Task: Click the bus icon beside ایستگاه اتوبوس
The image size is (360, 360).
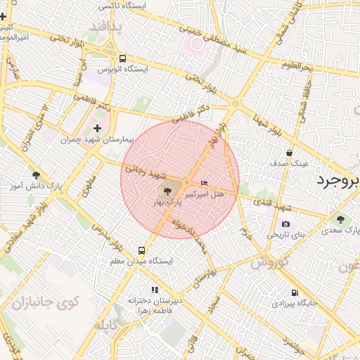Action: [123, 59]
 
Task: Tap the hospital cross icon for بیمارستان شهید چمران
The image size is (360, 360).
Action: [97, 129]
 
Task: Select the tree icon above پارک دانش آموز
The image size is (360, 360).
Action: [36, 175]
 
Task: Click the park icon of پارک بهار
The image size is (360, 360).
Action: [167, 191]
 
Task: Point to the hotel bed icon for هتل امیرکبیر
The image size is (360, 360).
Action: [205, 184]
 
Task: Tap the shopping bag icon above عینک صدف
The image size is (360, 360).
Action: [289, 153]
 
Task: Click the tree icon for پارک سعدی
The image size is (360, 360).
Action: [341, 220]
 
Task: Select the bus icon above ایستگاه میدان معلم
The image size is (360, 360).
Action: [142, 250]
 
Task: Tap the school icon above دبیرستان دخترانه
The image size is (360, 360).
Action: [155, 290]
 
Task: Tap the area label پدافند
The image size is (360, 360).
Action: [105, 28]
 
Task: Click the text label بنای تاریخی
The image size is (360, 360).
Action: [284, 234]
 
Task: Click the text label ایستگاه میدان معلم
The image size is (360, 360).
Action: [142, 261]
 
